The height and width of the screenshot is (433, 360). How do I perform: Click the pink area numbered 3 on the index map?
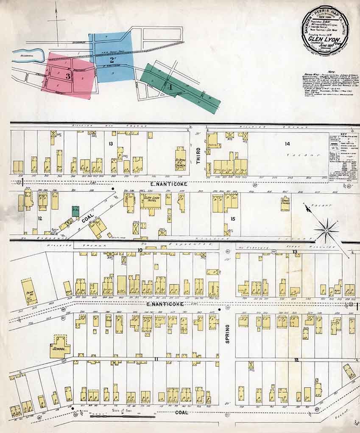(x=68, y=76)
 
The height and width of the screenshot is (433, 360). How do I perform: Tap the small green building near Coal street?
(x=75, y=211)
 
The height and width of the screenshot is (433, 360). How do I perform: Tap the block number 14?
(x=287, y=143)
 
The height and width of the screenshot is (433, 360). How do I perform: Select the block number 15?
(x=232, y=219)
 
